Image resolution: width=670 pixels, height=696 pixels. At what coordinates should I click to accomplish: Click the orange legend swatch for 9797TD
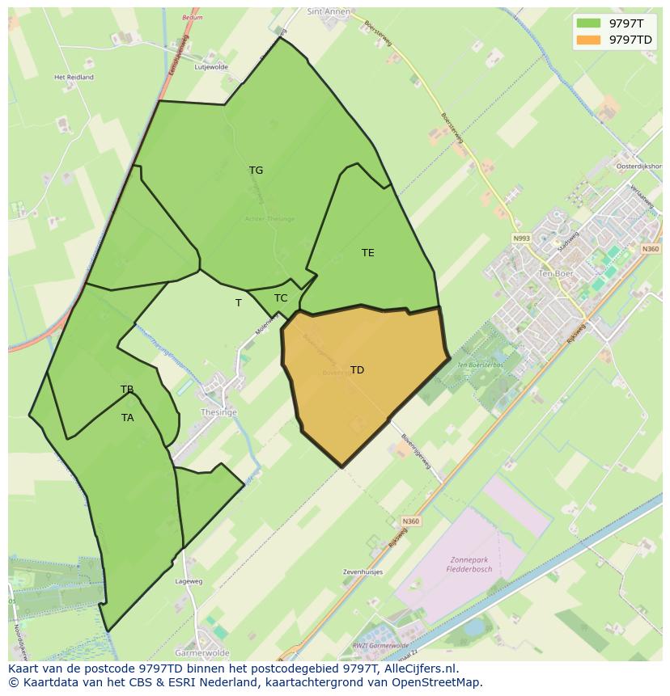[x=588, y=40]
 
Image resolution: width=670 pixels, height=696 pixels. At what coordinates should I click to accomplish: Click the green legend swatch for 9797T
[x=588, y=23]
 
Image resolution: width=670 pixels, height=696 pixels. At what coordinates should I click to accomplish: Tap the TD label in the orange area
[x=357, y=370]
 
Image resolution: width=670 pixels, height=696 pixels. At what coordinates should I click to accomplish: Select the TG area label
[x=256, y=171]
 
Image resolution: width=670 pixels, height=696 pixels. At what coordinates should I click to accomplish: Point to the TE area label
[x=367, y=253]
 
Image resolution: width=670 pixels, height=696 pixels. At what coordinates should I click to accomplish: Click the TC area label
[x=281, y=298]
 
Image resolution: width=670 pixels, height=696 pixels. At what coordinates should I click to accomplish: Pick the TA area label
[x=127, y=418]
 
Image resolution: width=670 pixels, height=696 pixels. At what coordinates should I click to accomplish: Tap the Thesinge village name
[x=218, y=412]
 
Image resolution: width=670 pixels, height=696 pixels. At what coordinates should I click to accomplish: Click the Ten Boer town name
[x=555, y=274]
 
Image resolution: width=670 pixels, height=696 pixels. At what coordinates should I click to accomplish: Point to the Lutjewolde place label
[x=211, y=67]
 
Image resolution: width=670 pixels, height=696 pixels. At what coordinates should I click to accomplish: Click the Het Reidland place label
[x=74, y=78]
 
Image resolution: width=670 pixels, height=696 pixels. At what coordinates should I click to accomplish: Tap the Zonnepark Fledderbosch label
[x=469, y=563]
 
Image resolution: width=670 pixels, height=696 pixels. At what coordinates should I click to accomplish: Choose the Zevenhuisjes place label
[x=363, y=572]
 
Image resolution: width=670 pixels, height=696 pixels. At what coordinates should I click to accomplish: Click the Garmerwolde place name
[x=202, y=652]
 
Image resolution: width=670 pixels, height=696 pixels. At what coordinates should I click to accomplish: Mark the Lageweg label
[x=189, y=580]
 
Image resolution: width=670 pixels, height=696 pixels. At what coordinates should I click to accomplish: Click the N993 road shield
[x=520, y=238]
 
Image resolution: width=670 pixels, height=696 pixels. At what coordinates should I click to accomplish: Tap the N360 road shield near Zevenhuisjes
[x=410, y=521]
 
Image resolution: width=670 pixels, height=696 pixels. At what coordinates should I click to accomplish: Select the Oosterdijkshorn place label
[x=638, y=166]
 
